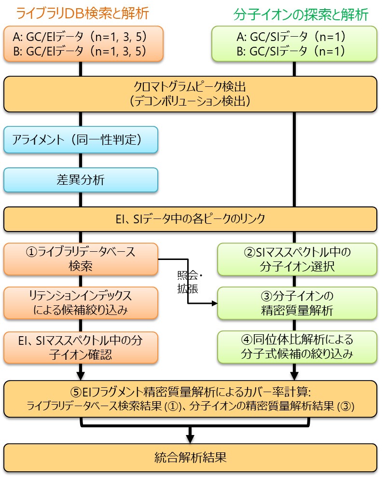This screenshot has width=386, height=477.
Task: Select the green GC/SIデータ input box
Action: coord(295,44)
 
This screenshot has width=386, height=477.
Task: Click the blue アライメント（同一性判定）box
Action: coord(81,140)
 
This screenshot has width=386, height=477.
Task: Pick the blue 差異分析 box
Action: coord(81,179)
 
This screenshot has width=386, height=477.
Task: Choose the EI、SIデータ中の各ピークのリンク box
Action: coord(190,219)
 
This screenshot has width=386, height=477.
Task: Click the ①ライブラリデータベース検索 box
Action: coord(81,259)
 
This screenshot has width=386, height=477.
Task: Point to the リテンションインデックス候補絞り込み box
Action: coord(81,303)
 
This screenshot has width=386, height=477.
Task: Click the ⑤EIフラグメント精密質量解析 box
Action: coord(190,399)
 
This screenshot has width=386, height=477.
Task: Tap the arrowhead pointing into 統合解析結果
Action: coord(190,439)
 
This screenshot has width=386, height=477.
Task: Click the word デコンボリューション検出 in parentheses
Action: coord(190,101)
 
